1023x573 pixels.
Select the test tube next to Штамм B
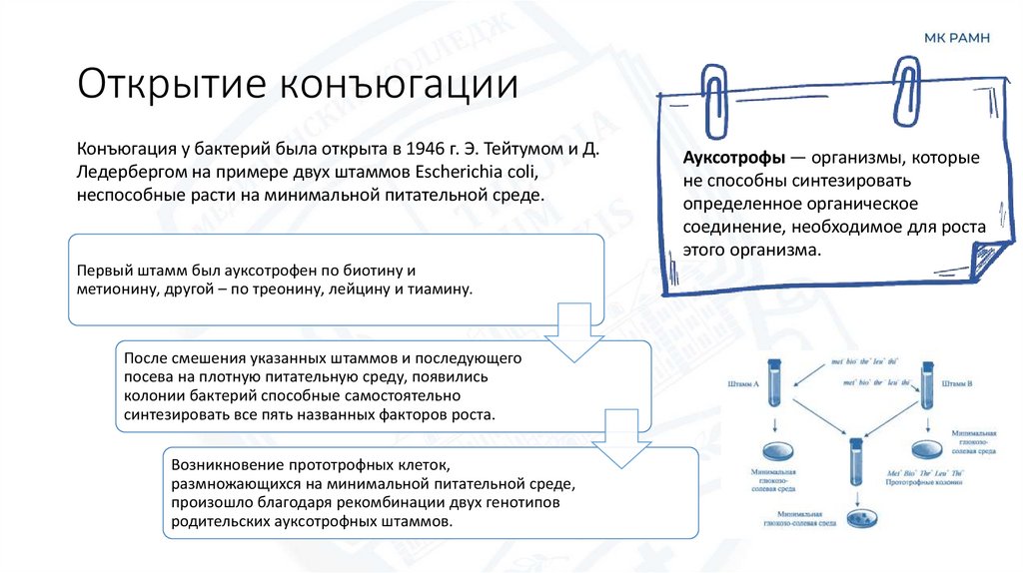pos(926,383)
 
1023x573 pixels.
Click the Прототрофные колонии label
pos(922,482)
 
